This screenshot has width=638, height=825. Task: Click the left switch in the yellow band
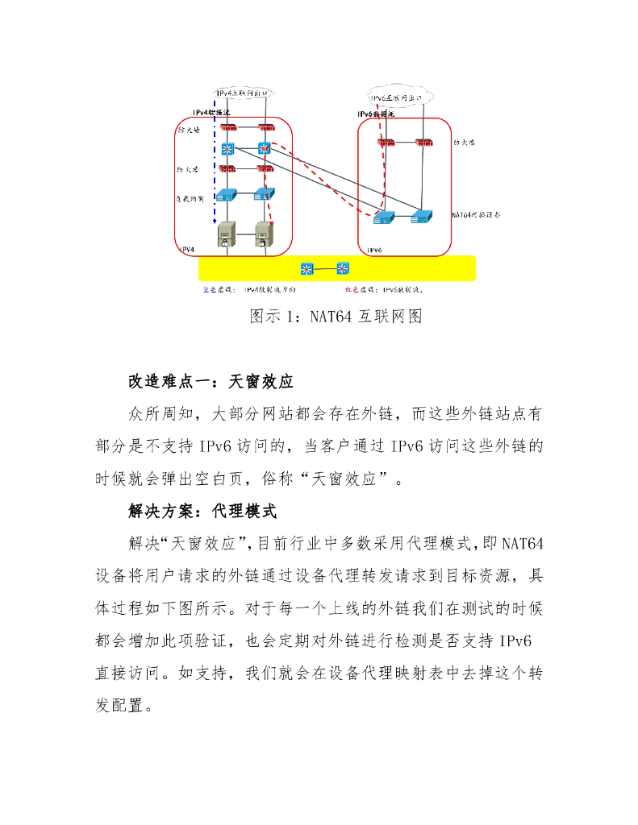click(x=306, y=268)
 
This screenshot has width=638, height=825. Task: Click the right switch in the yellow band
click(x=344, y=268)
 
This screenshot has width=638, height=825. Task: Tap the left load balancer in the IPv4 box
click(x=227, y=194)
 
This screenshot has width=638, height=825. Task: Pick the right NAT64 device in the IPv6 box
click(x=420, y=216)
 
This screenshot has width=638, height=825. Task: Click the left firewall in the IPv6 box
click(x=385, y=143)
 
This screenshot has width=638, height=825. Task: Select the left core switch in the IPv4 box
click(x=227, y=148)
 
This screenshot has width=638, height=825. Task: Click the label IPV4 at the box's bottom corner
click(x=186, y=250)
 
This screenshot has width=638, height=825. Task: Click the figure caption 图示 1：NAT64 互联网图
click(x=336, y=316)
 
